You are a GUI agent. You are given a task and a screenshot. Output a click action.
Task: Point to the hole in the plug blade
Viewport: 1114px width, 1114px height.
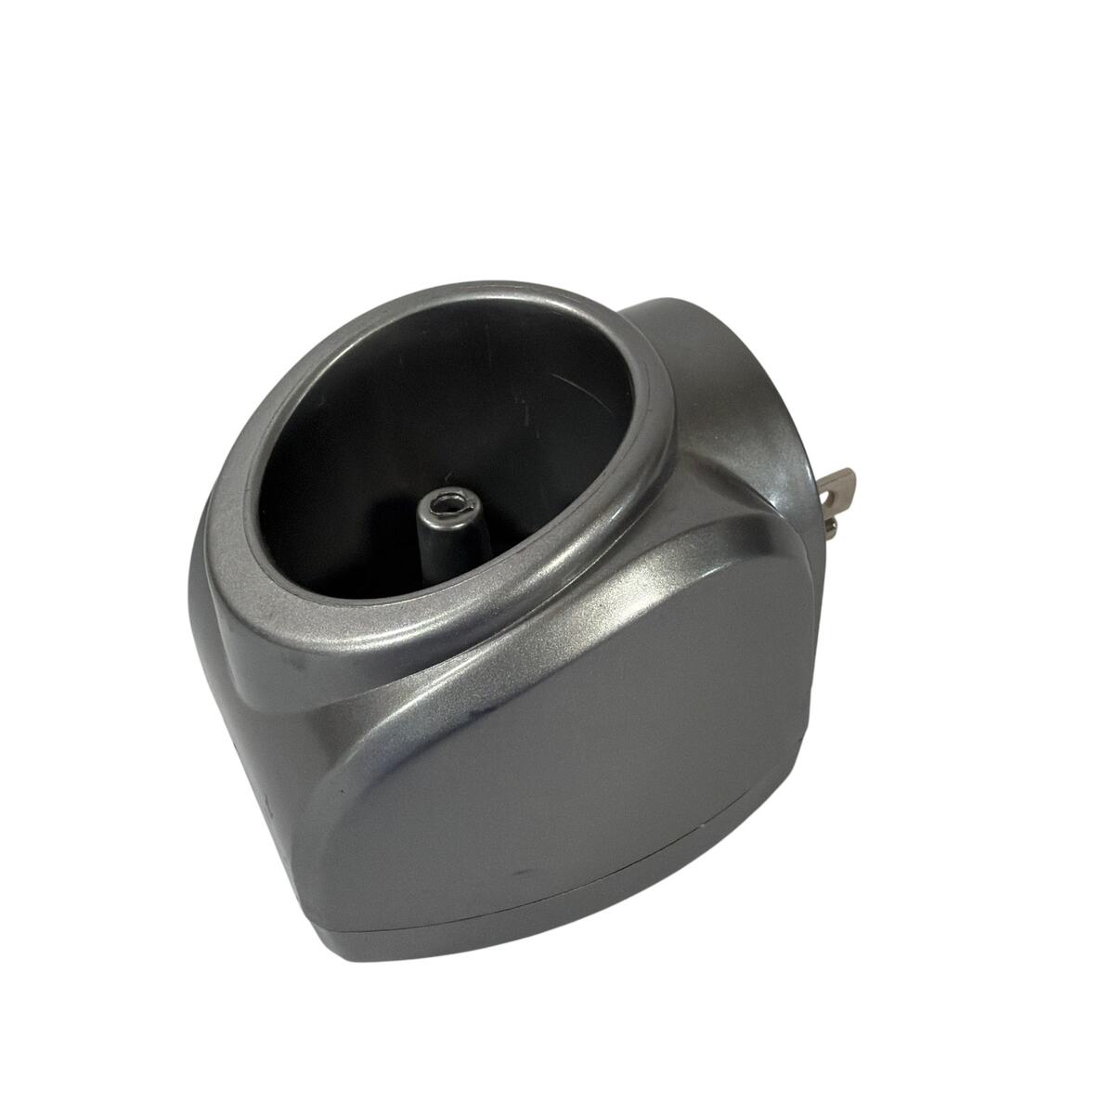tap(841, 484)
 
